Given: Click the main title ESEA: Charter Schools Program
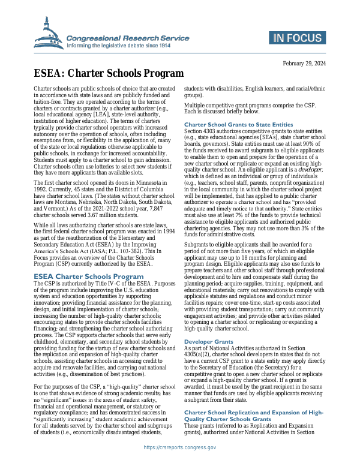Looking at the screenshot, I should click(108, 74).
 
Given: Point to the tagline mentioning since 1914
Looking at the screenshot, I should click(118, 45).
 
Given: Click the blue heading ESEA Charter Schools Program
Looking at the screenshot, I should click(88, 276).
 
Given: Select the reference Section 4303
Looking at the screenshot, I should click(202, 131).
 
